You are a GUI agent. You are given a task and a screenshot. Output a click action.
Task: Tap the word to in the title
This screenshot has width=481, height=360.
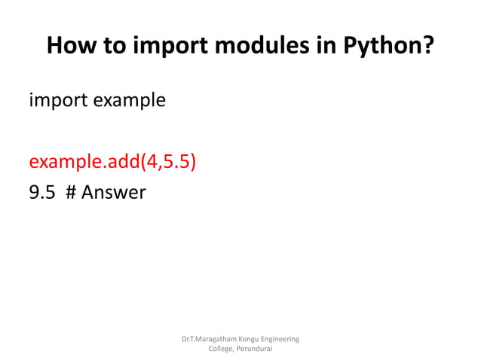pos(116,47)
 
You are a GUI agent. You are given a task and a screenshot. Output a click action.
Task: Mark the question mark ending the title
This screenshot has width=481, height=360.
pos(427,47)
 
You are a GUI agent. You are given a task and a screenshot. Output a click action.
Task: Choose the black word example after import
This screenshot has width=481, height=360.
pos(128,99)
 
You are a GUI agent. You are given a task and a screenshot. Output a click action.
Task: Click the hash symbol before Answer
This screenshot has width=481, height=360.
pos(71,194)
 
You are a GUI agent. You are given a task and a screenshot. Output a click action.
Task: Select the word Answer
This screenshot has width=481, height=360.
pos(113,194)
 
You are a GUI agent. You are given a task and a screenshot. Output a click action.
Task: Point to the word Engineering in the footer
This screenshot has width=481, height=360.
pos(285,340)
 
